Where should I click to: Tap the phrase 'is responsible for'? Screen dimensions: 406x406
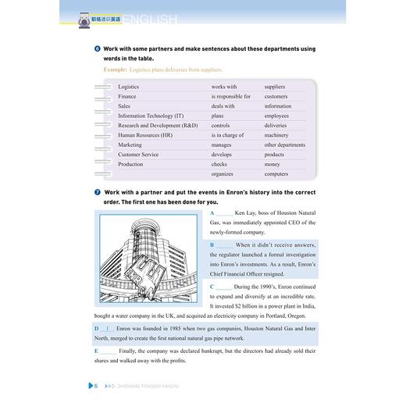pyautogui.click(x=231, y=96)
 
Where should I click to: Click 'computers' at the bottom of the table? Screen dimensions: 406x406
pyautogui.click(x=278, y=173)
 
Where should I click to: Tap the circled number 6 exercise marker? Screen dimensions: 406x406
pyautogui.click(x=97, y=48)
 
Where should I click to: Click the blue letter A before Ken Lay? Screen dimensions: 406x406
pyautogui.click(x=212, y=212)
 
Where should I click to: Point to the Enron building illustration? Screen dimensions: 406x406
pyautogui.click(x=148, y=257)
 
